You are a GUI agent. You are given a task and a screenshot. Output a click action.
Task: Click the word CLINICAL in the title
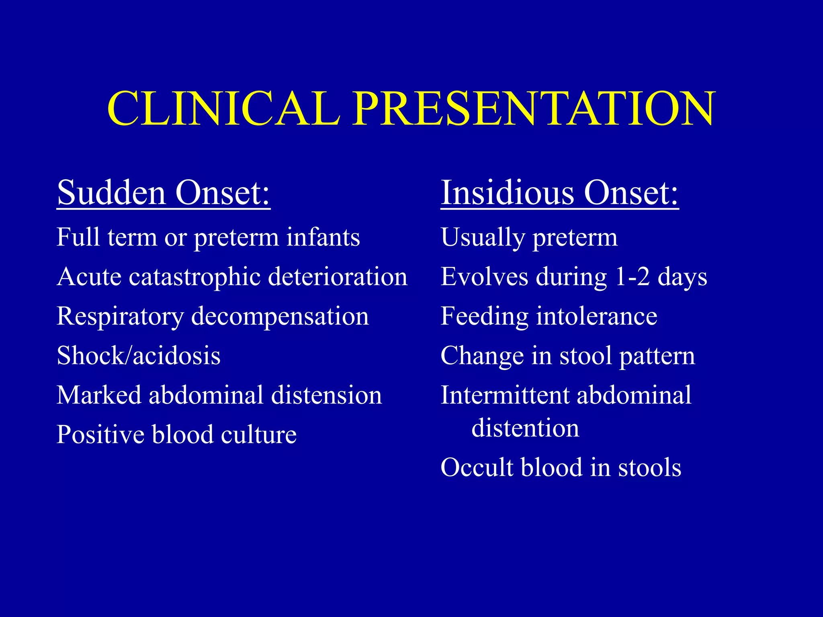coord(223,108)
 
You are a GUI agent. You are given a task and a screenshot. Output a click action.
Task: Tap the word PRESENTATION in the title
coord(534,108)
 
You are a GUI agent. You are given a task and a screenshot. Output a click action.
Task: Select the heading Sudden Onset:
coord(164,193)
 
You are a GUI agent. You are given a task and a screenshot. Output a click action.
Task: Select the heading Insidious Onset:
coord(559,193)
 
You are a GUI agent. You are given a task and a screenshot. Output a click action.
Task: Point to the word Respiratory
coord(120,317)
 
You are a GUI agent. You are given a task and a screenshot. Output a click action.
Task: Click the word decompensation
coord(280,317)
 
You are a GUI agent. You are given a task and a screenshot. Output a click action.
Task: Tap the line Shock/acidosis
coord(139,355)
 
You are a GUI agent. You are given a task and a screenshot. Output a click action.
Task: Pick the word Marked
coord(99,395)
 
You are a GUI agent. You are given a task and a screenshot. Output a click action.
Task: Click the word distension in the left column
coord(326,395)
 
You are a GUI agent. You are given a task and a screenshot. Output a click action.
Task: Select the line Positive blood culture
coord(176,435)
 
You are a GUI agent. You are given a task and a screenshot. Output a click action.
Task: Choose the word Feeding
coord(484,317)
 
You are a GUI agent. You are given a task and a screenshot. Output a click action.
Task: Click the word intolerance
coord(597,317)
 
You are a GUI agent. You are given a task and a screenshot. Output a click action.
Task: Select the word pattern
coord(657,356)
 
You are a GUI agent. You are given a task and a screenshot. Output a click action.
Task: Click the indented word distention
coord(525,428)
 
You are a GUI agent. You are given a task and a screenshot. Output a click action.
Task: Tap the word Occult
coord(477,467)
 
